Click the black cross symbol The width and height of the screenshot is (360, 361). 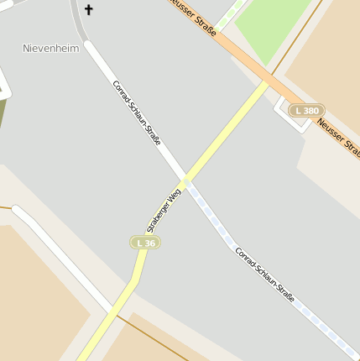pos(88,10)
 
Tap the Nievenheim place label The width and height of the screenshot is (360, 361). pos(50,49)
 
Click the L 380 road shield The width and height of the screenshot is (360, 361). pos(306,111)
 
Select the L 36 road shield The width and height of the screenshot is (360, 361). pos(145,243)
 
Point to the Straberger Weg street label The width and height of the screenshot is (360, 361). pos(164,210)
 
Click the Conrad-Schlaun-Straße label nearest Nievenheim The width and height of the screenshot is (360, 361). pos(136,112)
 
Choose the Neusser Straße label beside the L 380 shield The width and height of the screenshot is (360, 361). pos(339,137)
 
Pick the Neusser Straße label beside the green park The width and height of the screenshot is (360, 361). pos(193,17)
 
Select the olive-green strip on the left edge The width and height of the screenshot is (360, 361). pos(3,118)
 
